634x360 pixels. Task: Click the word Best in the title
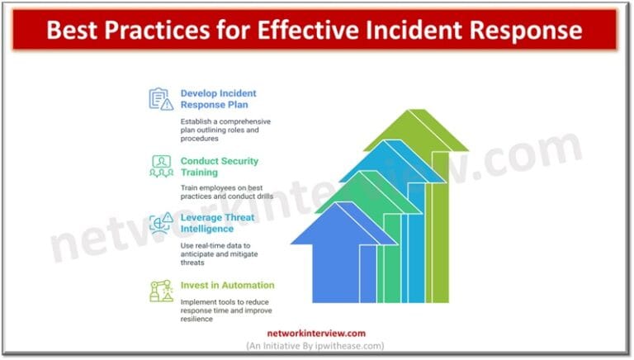tap(73, 31)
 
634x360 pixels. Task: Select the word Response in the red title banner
tap(519, 31)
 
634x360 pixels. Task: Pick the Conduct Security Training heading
tap(220, 166)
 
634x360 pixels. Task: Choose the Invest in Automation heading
tap(228, 285)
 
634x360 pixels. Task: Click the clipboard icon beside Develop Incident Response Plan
tap(160, 100)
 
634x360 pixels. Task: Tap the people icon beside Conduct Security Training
tap(160, 165)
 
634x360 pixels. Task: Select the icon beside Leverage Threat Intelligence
tap(160, 224)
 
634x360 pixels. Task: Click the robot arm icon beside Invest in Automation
tap(160, 290)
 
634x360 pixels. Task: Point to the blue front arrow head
tap(338, 225)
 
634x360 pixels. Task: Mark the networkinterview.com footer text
tap(315, 333)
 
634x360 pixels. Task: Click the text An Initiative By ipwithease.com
tap(316, 346)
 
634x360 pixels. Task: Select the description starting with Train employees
tap(226, 192)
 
